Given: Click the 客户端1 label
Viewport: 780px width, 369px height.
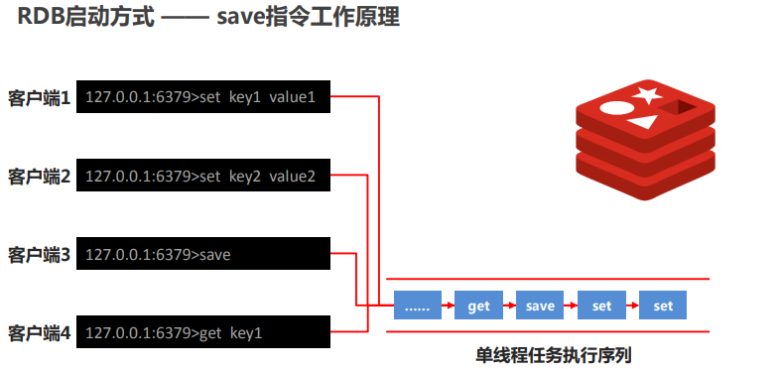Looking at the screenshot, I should (x=39, y=99).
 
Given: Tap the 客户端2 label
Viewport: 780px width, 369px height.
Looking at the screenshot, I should (x=39, y=177).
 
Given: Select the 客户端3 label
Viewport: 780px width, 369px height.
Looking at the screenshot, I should (x=39, y=255).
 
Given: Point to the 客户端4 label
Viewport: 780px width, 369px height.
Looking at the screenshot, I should (x=39, y=332).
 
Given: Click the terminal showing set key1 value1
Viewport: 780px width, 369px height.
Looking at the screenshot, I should (x=202, y=97).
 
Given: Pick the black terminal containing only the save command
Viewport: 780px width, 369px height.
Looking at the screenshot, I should (x=202, y=255).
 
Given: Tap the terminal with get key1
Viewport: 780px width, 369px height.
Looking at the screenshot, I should (x=202, y=332).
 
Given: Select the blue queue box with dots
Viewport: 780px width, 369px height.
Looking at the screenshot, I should (x=418, y=306).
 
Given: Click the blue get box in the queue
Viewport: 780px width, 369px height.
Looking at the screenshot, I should (x=479, y=306).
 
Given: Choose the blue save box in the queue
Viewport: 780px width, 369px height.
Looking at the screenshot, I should (x=541, y=306).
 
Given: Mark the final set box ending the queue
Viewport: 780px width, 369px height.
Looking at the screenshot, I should (x=663, y=306).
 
